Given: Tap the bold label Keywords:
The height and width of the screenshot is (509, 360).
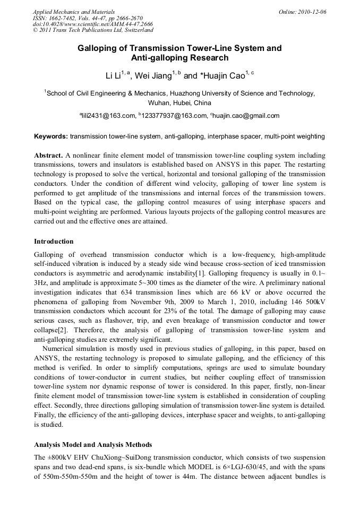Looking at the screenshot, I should click(51, 136).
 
